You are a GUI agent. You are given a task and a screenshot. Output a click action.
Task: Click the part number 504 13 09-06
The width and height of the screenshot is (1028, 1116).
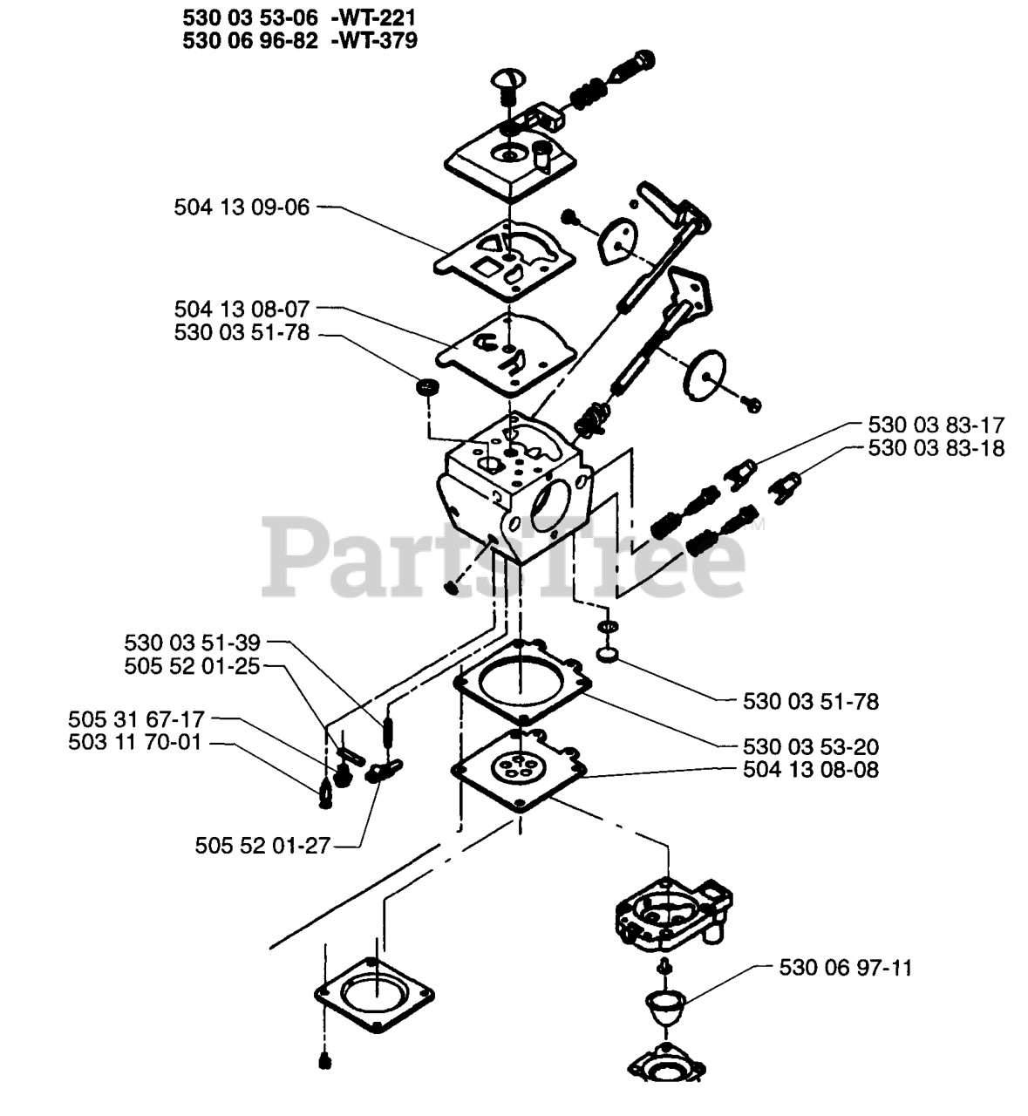click(242, 208)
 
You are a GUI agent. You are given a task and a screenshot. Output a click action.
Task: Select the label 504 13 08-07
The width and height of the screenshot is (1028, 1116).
click(242, 309)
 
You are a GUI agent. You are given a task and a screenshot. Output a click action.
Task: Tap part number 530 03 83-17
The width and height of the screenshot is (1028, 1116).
click(936, 425)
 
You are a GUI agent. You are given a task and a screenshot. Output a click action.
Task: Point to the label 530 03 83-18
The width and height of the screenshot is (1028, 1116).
click(936, 448)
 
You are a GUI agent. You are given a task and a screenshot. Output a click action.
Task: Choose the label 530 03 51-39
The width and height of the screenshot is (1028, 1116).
click(192, 643)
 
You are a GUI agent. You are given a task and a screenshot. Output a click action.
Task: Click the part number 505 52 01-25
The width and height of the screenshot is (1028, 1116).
click(192, 666)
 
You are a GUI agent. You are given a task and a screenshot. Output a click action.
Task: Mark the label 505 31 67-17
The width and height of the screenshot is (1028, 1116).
click(136, 719)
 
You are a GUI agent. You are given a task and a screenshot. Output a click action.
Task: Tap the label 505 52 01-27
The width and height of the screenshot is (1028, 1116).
click(262, 846)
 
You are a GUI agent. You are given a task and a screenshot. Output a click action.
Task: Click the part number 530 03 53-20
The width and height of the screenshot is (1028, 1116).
click(811, 746)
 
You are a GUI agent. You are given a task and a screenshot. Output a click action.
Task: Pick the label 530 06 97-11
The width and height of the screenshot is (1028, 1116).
click(846, 968)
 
